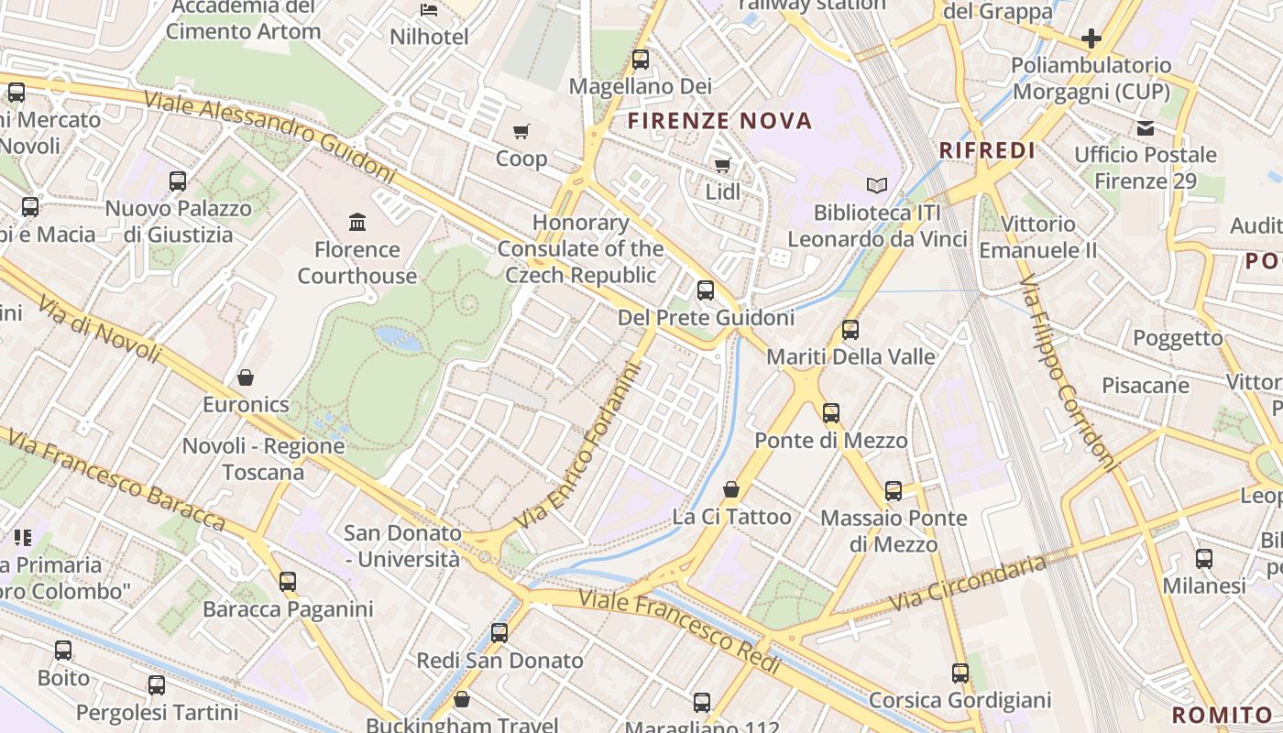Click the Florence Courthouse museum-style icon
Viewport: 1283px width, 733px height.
357,222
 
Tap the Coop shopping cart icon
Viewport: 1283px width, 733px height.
521,132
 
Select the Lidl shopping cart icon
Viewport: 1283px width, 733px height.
722,165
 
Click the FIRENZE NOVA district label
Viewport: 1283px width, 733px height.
720,121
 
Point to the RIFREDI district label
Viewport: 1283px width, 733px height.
988,151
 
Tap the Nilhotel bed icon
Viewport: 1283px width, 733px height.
429,10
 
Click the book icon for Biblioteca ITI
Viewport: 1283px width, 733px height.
877,185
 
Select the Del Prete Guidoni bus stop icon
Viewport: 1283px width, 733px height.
705,290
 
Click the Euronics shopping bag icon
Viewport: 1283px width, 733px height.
246,377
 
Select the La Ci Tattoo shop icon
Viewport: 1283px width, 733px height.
731,489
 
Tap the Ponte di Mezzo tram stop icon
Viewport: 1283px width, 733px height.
831,413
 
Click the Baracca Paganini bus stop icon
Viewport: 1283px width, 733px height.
288,582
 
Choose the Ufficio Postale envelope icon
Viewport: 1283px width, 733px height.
1146,127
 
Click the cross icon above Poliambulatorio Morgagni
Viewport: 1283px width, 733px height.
1091,38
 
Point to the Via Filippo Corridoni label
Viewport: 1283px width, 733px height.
1068,371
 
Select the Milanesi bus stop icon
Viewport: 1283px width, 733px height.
1204,558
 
